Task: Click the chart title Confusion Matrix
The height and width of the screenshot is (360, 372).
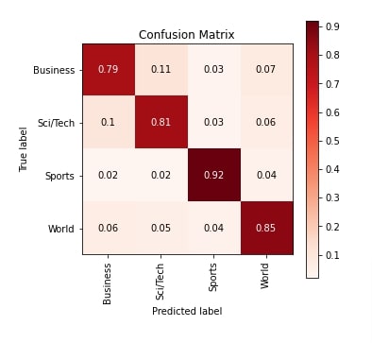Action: click(187, 35)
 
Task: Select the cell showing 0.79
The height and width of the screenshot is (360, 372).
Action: click(108, 70)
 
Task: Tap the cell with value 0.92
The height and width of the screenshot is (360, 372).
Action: click(213, 175)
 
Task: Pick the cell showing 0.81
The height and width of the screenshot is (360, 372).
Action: click(161, 122)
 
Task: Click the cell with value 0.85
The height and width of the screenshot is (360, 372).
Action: click(266, 228)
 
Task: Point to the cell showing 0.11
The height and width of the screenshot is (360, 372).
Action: click(161, 70)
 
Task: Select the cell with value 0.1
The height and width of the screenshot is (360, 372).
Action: click(108, 122)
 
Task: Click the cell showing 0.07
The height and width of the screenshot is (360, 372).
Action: click(266, 70)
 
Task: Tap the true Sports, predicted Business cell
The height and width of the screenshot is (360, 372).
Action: click(108, 175)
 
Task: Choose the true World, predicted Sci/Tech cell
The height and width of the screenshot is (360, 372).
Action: click(161, 228)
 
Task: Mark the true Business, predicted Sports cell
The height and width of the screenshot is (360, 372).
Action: click(213, 70)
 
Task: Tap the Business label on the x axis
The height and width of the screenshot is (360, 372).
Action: click(108, 283)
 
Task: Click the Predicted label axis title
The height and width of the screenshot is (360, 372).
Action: click(187, 311)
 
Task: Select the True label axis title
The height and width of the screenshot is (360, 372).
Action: click(23, 149)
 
